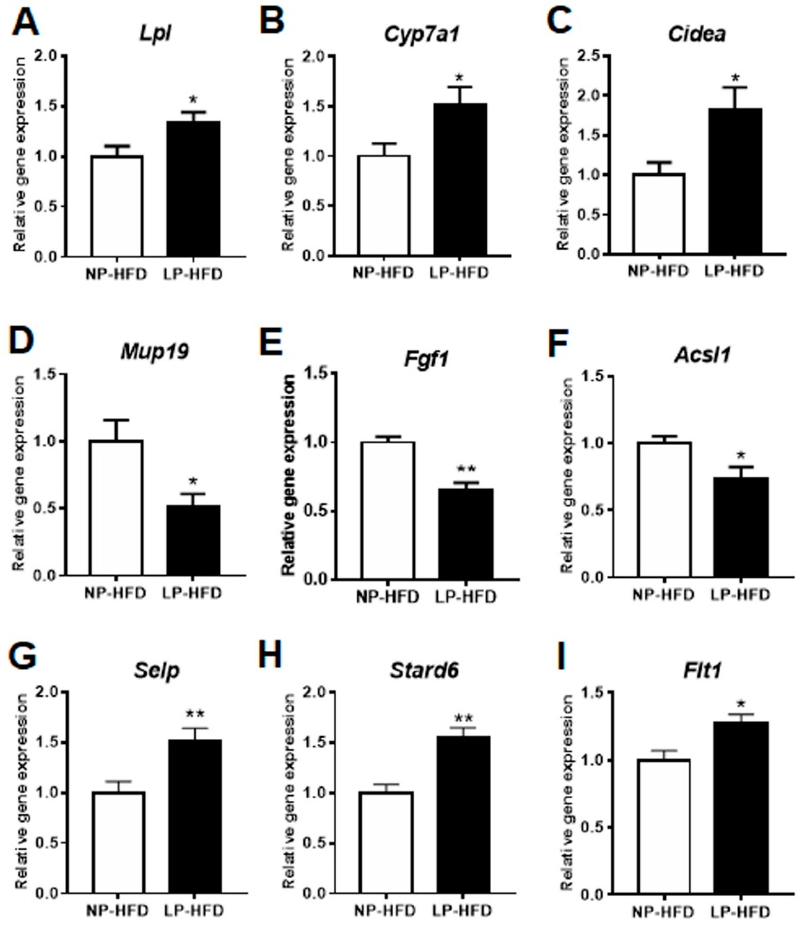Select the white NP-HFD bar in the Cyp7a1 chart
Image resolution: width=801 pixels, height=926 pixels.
coord(384,206)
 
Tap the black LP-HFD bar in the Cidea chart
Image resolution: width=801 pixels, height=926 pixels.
coord(735,181)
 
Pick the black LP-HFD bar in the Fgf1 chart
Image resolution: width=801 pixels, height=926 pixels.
coord(465,534)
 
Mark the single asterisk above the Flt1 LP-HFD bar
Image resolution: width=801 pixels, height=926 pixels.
coord(741,705)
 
